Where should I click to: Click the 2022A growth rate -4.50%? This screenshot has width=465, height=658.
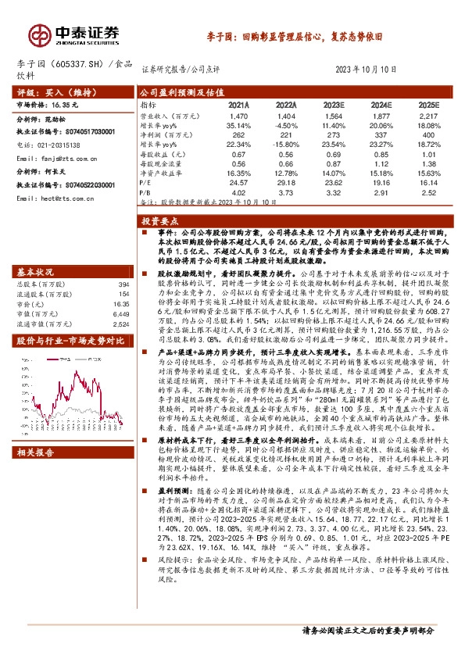[x=286, y=124]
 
